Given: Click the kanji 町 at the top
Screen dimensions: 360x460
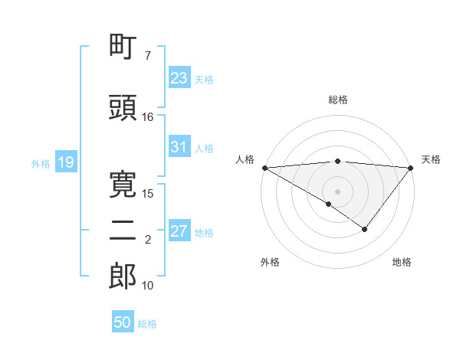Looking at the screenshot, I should point(123,47).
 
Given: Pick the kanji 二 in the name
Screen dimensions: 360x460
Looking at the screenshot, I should point(123,230).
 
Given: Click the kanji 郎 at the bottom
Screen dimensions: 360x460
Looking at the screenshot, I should point(123,276).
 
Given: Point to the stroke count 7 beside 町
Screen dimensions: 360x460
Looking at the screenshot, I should point(147,56).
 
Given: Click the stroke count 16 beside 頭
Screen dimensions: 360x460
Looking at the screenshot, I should point(147,116).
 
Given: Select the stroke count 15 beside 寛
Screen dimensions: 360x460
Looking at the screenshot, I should point(147,192).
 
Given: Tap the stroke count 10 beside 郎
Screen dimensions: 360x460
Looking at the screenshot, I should point(147,285).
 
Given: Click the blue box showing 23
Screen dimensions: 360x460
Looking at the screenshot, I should point(179,78).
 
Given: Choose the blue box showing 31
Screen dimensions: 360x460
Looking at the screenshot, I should point(179,147).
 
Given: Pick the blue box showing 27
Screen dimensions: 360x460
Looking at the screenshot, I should point(179,231).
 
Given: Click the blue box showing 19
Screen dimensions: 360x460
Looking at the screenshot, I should point(65,162).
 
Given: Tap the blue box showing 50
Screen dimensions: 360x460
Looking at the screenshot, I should point(123,322).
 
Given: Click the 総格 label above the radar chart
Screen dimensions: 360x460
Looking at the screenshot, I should point(338,100).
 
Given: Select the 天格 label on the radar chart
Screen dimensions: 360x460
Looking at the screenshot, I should point(431,159).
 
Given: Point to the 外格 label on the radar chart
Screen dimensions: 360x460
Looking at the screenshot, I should point(270,263).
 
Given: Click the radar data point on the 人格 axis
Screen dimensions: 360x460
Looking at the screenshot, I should point(264,167).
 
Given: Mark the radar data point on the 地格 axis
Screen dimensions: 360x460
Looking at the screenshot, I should point(365,229).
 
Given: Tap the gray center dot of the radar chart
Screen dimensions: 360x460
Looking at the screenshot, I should point(338,191).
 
